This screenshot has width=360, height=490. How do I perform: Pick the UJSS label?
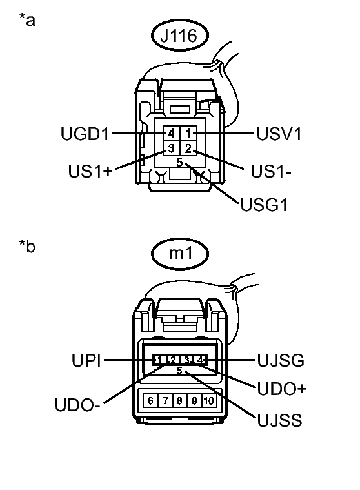point(278,421)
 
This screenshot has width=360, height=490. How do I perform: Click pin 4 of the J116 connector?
point(171,134)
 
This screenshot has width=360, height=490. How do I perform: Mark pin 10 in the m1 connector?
point(208,401)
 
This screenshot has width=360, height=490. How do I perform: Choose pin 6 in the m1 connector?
point(151,401)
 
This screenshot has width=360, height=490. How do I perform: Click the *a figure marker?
point(27,20)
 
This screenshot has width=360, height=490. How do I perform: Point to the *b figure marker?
point(27,246)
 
